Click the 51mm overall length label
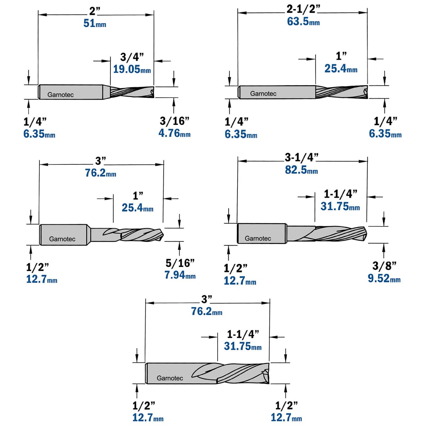pyautogui.click(x=95, y=23)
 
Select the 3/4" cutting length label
pyautogui.click(x=132, y=57)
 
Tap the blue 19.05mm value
pyautogui.click(x=132, y=69)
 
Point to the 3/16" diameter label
pyautogui.click(x=175, y=121)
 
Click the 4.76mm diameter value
pyautogui.click(x=174, y=133)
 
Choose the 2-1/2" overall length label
pyautogui.click(x=303, y=9)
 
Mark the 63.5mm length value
pyautogui.click(x=303, y=22)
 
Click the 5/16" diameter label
pyautogui.click(x=180, y=263)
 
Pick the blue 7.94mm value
pyautogui.click(x=180, y=275)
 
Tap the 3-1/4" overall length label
pyautogui.click(x=301, y=157)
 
